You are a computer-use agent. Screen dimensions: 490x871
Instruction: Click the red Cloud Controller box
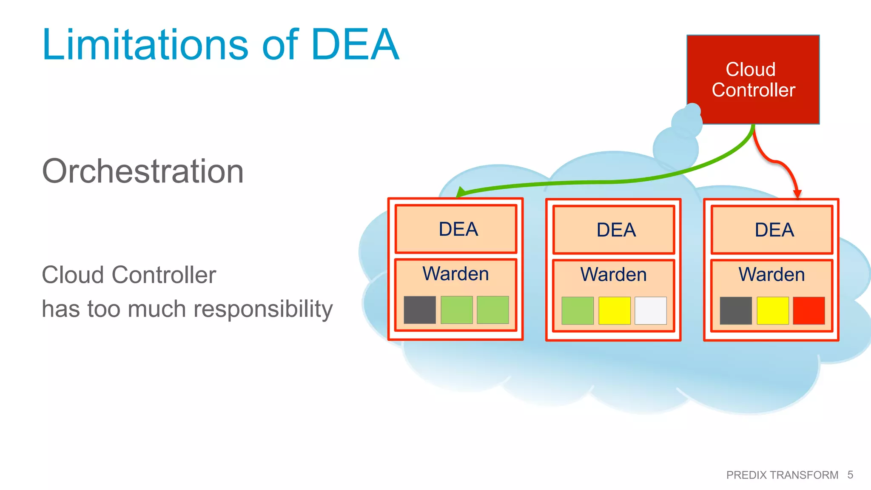(x=753, y=80)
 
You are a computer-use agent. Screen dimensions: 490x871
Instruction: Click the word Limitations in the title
(x=145, y=45)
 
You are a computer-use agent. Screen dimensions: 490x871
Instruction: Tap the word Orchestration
(x=143, y=171)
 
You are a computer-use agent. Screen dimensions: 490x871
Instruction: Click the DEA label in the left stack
(x=458, y=229)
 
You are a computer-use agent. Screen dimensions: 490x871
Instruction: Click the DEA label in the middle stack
(x=616, y=230)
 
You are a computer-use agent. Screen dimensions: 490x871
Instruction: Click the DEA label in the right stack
(x=774, y=230)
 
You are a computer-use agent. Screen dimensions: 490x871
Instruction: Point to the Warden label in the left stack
(x=455, y=273)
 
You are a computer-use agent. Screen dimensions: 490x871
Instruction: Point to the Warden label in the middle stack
(x=613, y=274)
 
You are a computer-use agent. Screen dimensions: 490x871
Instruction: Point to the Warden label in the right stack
(x=771, y=274)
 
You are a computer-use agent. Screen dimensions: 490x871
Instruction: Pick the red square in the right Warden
(x=808, y=311)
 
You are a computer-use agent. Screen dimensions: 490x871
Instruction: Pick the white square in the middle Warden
(x=650, y=311)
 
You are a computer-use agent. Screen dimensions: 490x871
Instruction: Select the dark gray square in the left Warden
(x=419, y=310)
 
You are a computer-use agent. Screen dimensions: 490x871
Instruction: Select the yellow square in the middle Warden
(x=614, y=311)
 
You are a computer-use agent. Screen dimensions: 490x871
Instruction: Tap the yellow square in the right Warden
(x=772, y=311)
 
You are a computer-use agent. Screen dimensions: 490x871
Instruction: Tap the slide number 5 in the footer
(x=850, y=475)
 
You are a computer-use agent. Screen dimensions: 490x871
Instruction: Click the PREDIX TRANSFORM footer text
(x=782, y=475)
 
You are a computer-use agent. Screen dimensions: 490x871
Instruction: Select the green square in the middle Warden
(x=577, y=311)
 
